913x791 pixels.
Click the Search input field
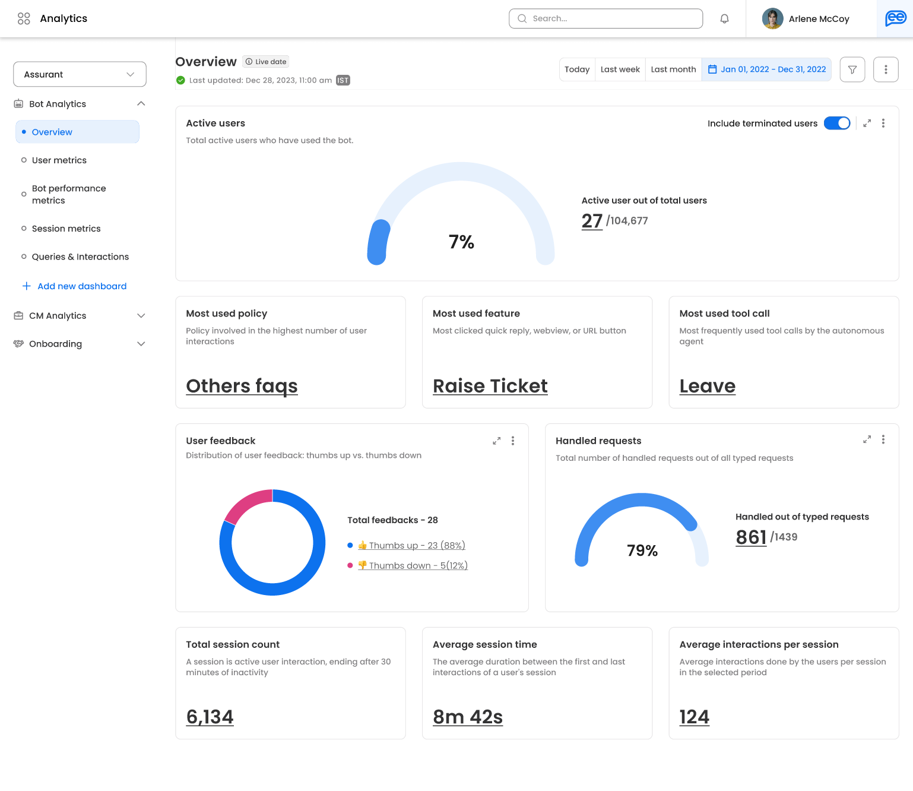point(606,18)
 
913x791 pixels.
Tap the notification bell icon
point(724,18)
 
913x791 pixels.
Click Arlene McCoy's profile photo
point(772,18)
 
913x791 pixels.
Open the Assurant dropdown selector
point(80,74)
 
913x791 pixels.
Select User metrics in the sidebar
point(59,160)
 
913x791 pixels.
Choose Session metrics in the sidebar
point(66,229)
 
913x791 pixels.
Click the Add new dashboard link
point(82,286)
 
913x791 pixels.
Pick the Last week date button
point(620,69)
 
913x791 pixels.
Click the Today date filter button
point(576,69)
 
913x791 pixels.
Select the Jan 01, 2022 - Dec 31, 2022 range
point(766,69)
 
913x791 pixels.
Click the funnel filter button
point(852,69)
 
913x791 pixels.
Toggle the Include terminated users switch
point(837,123)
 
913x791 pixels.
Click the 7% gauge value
point(461,242)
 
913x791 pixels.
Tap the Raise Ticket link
point(490,386)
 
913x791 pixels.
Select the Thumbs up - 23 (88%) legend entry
point(417,545)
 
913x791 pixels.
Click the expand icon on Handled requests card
point(867,439)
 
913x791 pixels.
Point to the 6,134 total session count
point(210,717)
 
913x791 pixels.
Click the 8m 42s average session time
point(468,717)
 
